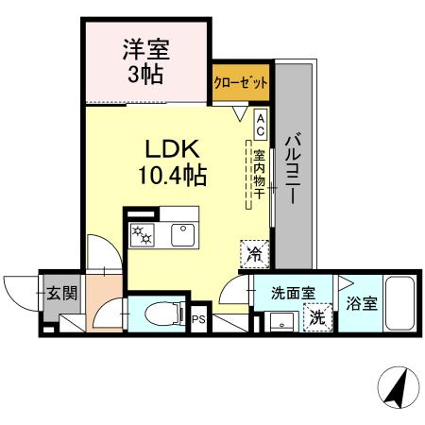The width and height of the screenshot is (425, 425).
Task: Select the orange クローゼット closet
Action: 240,83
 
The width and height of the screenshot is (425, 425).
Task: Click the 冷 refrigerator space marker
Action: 253,252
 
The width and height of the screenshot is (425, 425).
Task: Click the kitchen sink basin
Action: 180,234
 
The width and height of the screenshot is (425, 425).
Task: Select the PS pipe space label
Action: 198,319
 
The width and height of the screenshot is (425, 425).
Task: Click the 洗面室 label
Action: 286,294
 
